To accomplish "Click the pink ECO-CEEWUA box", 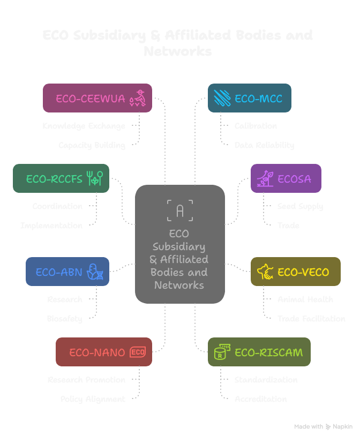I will pyautogui.click(x=97, y=98).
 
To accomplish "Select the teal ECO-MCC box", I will pyautogui.click(x=249, y=98).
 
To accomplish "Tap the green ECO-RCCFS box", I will pyautogui.click(x=61, y=178).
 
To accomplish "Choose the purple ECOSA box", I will pyautogui.click(x=286, y=178).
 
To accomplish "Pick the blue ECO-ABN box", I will pyautogui.click(x=67, y=272).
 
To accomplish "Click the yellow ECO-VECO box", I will pyautogui.click(x=295, y=272).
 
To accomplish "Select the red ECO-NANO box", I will pyautogui.click(x=103, y=352).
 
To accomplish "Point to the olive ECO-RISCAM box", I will pyautogui.click(x=259, y=352).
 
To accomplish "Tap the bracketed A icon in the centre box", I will pyautogui.click(x=179, y=211).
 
